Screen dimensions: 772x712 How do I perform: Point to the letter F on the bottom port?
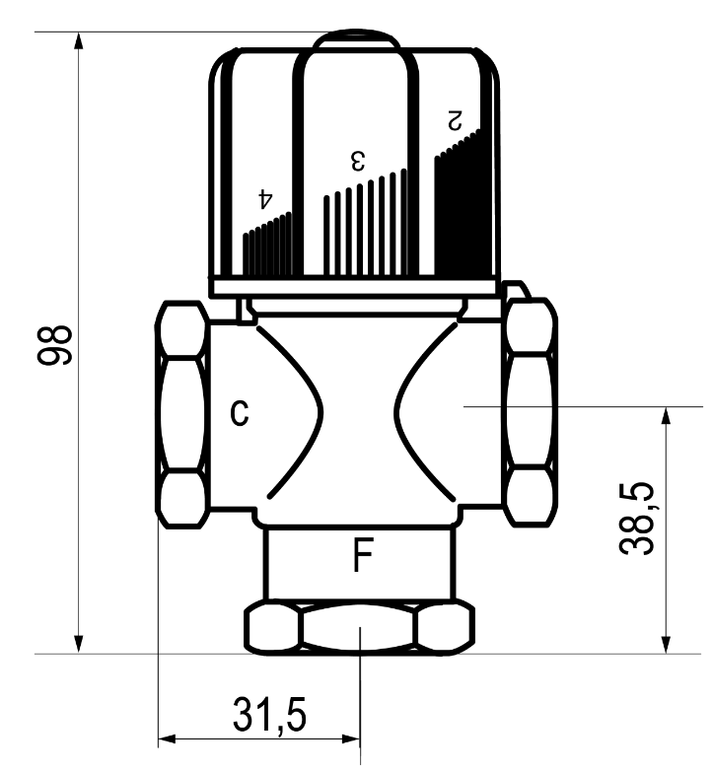pos(363,557)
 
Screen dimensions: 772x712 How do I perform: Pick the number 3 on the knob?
pos(359,159)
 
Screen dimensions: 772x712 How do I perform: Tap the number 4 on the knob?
pos(264,197)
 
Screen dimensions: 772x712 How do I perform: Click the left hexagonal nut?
pos(182,415)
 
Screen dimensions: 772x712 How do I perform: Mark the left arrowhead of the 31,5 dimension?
pos(168,737)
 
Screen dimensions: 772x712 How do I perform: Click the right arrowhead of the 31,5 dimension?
pos(351,737)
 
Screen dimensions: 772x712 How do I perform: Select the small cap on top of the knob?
pos(357,41)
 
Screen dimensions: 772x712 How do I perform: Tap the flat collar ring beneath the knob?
pos(356,286)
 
